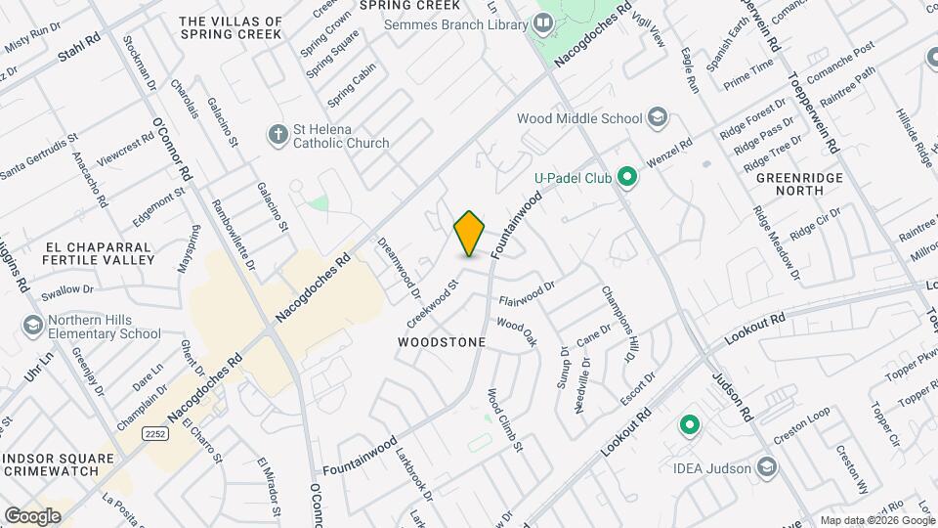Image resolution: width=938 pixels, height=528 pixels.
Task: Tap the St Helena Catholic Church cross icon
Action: pyautogui.click(x=277, y=133)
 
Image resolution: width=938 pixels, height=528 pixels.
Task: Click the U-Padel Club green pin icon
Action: pyautogui.click(x=627, y=178)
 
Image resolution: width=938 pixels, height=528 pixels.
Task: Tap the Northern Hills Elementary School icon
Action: pyautogui.click(x=31, y=325)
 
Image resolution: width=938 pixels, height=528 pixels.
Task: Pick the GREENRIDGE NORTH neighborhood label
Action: pyautogui.click(x=792, y=185)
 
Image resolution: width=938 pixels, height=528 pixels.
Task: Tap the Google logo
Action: pyautogui.click(x=32, y=515)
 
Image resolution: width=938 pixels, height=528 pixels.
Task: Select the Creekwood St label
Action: pyautogui.click(x=433, y=304)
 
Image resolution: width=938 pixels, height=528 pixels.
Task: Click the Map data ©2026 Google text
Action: pyautogui.click(x=875, y=520)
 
